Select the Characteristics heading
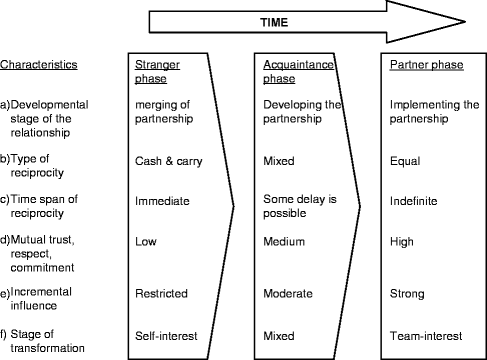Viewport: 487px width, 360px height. [40, 65]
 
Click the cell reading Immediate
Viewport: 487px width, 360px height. [162, 200]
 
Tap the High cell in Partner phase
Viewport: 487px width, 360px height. [405, 240]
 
